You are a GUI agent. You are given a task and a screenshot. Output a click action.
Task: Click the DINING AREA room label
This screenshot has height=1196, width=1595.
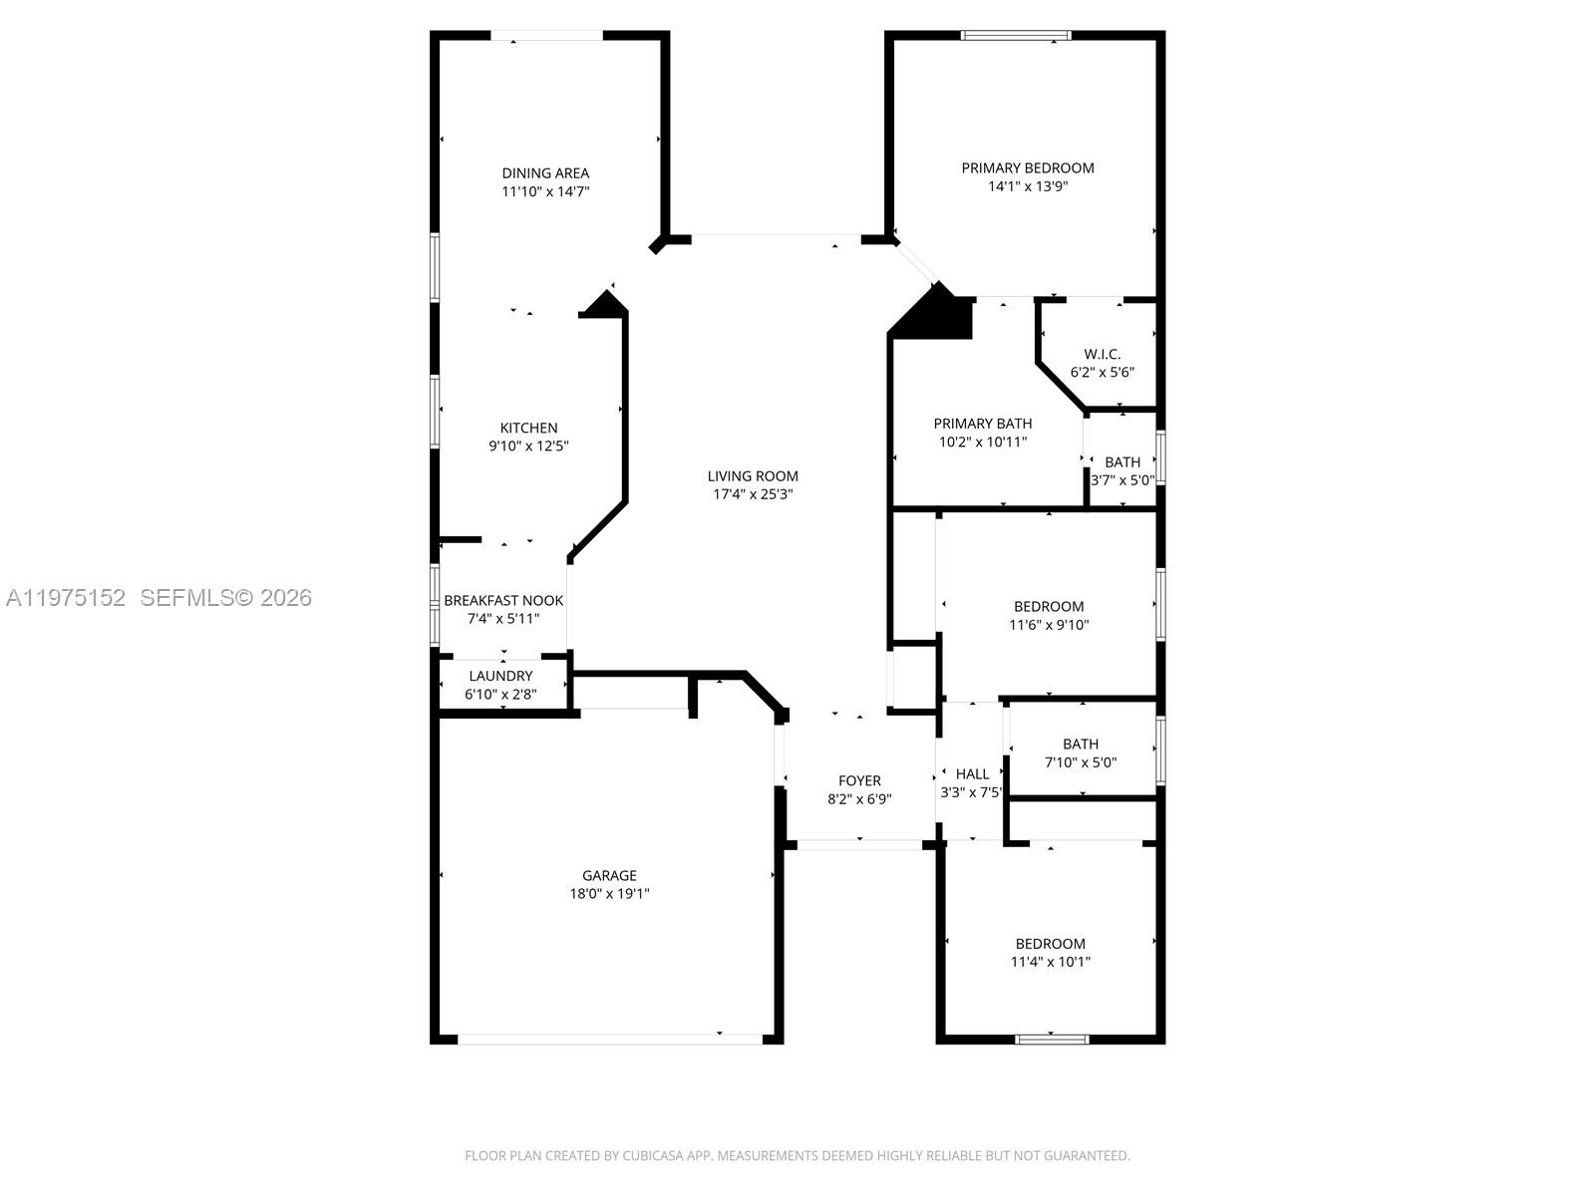(545, 172)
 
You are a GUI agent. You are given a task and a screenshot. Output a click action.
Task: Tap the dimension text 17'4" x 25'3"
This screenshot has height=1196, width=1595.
(753, 494)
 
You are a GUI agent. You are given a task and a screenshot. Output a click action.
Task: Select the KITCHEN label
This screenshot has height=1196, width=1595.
(528, 428)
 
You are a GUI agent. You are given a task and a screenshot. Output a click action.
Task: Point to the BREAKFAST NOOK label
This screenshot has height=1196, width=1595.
(503, 600)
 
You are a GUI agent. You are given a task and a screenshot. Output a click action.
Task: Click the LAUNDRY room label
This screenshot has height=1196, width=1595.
(500, 676)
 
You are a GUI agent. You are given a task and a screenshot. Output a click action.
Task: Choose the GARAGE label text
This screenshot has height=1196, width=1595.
(609, 875)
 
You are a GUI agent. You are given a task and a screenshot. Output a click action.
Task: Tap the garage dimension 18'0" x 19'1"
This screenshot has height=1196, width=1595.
(609, 894)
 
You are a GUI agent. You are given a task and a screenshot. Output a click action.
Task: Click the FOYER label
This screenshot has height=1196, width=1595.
(859, 780)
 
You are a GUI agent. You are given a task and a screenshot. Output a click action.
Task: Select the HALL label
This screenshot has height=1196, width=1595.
(972, 773)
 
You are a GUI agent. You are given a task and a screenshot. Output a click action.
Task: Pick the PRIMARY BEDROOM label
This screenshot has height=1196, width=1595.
(1027, 167)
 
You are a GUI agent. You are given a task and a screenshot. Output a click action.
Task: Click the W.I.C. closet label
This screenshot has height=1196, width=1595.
(1102, 354)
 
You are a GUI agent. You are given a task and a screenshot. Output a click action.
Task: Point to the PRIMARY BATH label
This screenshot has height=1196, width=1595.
(982, 424)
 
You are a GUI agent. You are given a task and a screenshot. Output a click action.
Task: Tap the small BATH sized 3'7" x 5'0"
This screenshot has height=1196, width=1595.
(1122, 461)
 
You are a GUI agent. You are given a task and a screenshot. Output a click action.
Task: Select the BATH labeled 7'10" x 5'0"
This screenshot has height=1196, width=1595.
(1080, 744)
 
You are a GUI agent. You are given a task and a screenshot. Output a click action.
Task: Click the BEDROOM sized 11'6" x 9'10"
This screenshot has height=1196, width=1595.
(1049, 606)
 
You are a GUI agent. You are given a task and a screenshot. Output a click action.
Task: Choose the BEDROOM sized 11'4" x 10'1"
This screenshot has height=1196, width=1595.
(1050, 944)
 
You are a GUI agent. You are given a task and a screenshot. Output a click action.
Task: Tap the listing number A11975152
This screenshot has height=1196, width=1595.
(66, 598)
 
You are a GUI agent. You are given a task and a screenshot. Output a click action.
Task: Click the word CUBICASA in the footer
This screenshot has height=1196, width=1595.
(653, 1156)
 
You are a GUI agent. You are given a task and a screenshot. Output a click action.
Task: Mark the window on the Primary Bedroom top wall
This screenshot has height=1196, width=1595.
(1016, 36)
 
